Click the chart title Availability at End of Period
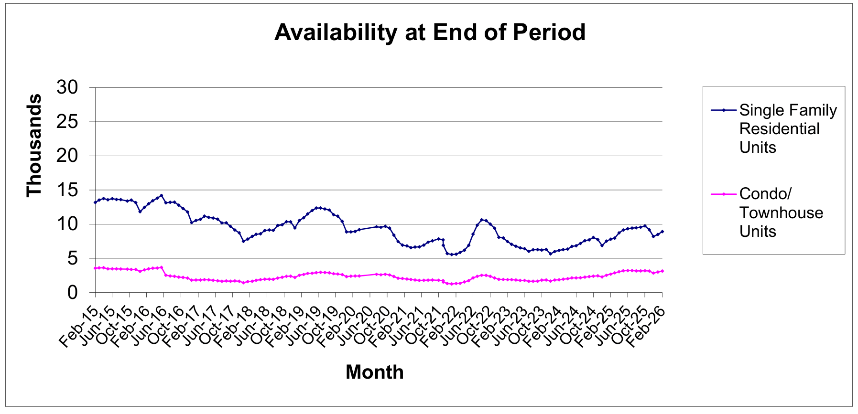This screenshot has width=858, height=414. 430,32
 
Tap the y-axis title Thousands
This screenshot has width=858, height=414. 34,145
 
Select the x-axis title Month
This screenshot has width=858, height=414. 374,372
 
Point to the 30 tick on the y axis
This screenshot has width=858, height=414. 67,87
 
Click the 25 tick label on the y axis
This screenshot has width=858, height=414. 67,122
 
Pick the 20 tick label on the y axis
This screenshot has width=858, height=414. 67,156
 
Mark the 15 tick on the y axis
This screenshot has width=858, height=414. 67,190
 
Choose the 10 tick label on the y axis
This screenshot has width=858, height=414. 67,224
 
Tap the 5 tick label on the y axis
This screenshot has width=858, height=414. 72,258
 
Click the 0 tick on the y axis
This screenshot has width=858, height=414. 72,292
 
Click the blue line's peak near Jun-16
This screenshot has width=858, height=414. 162,195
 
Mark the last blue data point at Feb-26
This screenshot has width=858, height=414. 662,232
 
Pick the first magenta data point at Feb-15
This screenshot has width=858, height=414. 95,268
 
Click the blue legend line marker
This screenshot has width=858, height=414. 724,110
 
